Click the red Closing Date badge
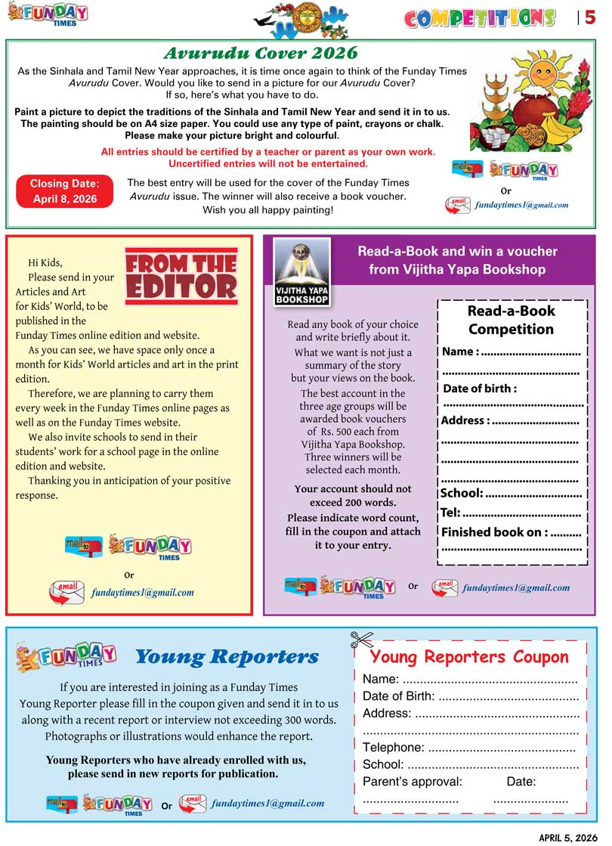[64, 191]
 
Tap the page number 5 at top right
[590, 17]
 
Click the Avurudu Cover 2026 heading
[261, 53]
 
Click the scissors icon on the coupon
[362, 640]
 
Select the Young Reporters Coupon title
[469, 656]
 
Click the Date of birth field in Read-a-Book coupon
[480, 389]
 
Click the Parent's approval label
[413, 781]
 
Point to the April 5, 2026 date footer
[567, 837]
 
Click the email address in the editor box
[142, 593]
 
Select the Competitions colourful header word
[480, 18]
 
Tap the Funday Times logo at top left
[48, 14]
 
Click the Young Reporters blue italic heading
[227, 656]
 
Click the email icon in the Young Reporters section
[192, 804]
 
